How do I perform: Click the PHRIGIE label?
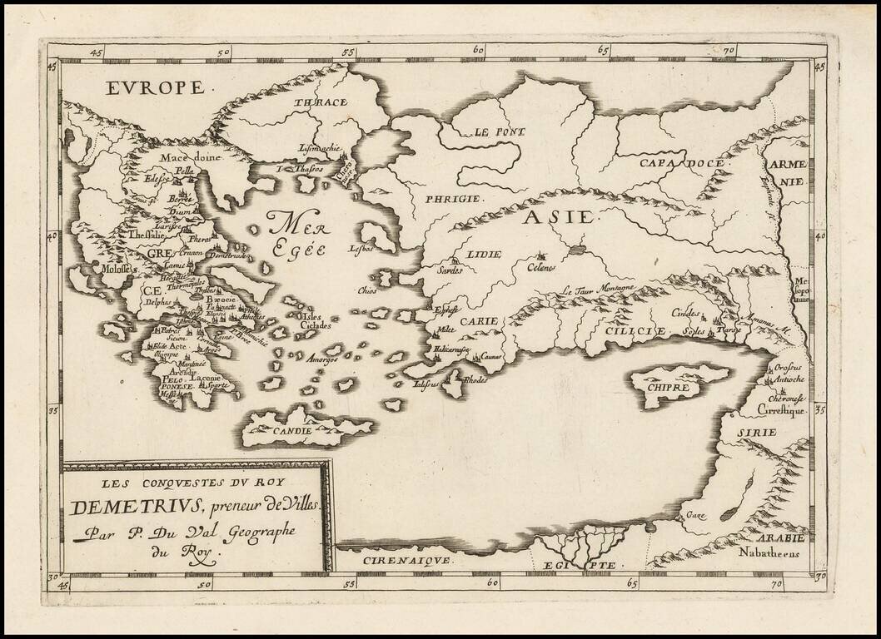tap(454, 199)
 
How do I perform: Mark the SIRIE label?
tap(755, 432)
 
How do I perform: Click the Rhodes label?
tap(475, 380)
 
